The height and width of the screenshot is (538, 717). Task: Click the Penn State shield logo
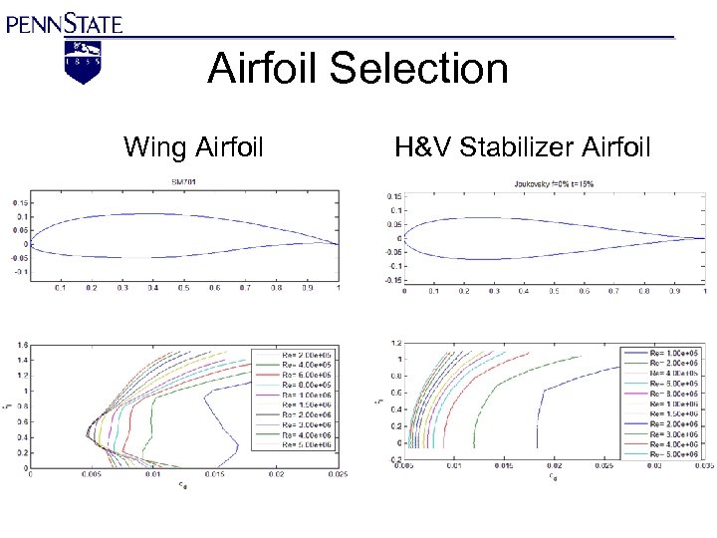coord(83,61)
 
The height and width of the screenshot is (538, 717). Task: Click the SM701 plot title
coord(183,182)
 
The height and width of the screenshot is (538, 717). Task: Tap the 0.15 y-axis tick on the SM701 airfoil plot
coord(20,202)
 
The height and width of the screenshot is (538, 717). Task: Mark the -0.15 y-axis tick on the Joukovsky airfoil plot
coord(392,280)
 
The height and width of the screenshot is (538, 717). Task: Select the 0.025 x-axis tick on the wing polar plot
coord(337,475)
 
